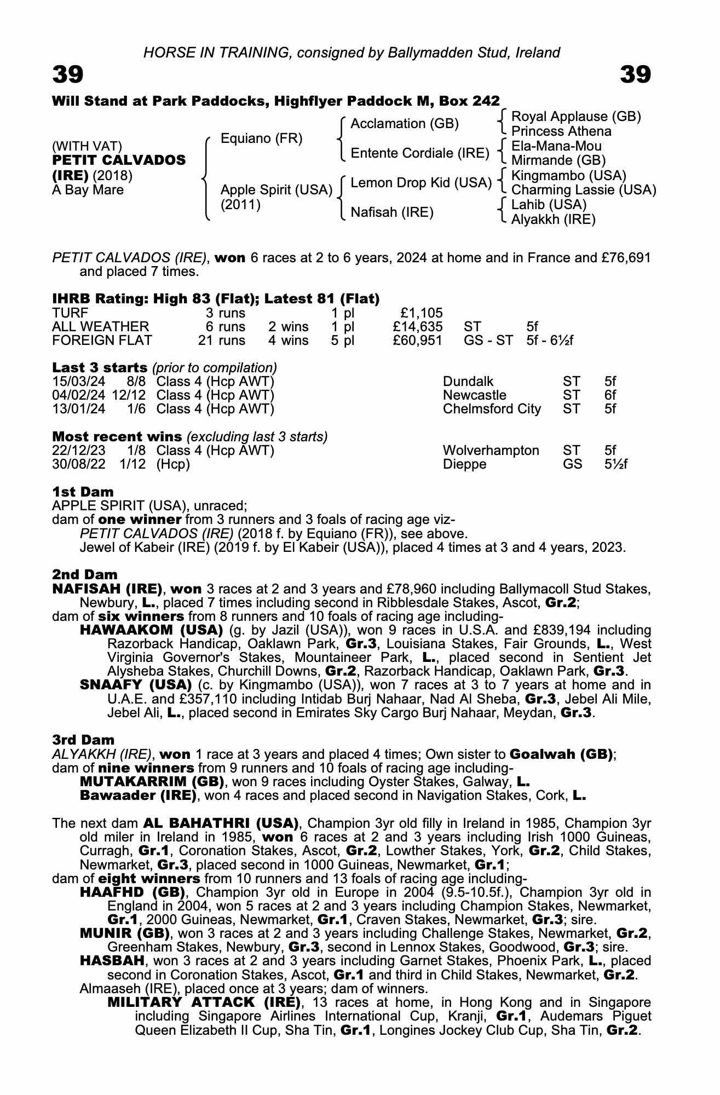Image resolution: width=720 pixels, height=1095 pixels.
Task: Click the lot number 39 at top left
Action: [x=68, y=75]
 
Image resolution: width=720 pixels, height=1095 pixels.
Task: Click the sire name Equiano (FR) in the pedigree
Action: [x=261, y=139]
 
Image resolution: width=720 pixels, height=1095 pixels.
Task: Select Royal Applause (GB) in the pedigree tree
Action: [x=576, y=117]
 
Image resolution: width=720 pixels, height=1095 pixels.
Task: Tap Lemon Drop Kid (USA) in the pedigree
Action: [x=421, y=182]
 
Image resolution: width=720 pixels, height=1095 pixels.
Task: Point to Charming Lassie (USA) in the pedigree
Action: [x=584, y=190]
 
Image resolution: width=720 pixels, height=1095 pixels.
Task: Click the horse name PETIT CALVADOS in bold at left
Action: [x=119, y=160]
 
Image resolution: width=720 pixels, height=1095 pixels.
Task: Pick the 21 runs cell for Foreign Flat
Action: [x=222, y=341]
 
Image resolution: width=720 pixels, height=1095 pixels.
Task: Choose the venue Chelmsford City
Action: [x=492, y=409]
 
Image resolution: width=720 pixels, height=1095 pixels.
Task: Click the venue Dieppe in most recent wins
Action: [x=464, y=464]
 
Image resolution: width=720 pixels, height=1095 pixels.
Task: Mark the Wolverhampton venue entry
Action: [x=491, y=451]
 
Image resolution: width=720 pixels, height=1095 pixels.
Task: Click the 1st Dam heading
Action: [x=83, y=491]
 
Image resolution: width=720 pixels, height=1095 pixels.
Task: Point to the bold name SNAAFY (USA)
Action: [x=135, y=685]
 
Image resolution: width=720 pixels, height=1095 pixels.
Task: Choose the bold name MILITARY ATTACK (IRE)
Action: [x=204, y=1002]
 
